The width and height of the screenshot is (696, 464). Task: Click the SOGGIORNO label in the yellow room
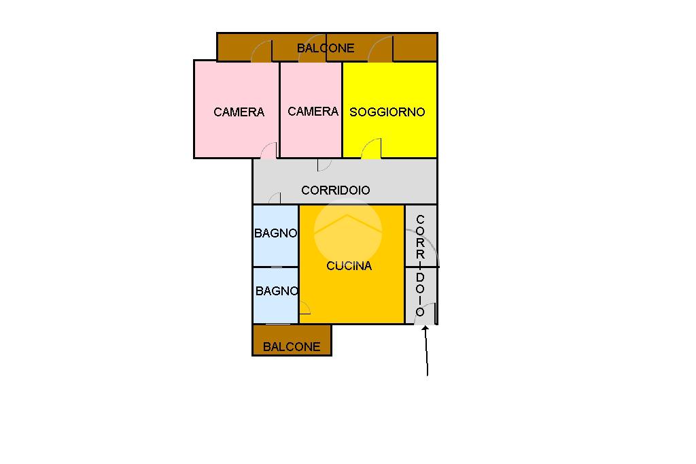[387, 112]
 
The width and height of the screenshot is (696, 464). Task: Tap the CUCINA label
[349, 266]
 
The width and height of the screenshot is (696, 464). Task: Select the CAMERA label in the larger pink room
[239, 112]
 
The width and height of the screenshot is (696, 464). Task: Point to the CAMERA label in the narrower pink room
[313, 112]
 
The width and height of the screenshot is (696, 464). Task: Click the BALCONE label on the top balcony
[326, 48]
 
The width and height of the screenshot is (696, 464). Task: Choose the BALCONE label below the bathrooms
[292, 346]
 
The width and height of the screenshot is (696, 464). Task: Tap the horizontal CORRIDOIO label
[336, 190]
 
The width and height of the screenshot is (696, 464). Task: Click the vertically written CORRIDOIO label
[420, 265]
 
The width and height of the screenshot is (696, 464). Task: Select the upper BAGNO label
[275, 233]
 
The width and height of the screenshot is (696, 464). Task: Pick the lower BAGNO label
[277, 291]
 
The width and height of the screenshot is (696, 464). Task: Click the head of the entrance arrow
[425, 330]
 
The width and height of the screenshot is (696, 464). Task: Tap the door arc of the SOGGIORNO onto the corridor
[371, 148]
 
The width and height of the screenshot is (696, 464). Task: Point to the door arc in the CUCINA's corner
[304, 308]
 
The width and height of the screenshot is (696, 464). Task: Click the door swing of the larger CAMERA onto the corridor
[270, 150]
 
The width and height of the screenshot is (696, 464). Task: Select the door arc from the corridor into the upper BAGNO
[275, 198]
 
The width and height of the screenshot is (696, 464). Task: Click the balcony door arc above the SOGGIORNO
[381, 49]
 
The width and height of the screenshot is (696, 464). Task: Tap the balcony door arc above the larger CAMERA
[262, 51]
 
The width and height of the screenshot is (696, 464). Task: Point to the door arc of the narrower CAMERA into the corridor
[324, 165]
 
